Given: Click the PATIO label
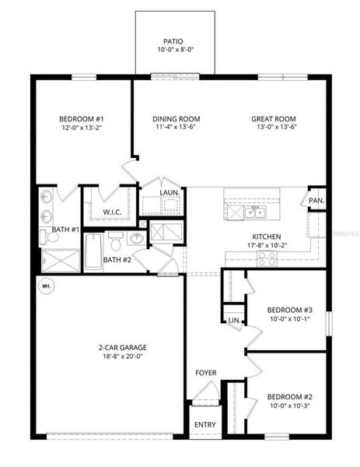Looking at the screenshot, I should pyautogui.click(x=173, y=41).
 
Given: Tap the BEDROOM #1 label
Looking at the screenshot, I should pyautogui.click(x=77, y=119).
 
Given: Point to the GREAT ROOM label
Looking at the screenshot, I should pyautogui.click(x=274, y=119).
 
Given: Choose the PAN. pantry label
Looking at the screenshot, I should pyautogui.click(x=316, y=200).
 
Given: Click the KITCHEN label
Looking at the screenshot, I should pyautogui.click(x=266, y=237).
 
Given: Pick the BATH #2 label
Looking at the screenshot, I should pyautogui.click(x=116, y=260).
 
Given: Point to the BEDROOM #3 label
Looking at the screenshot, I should pyautogui.click(x=284, y=307).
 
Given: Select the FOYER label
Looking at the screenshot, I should pyautogui.click(x=206, y=373).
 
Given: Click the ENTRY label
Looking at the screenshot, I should pyautogui.click(x=205, y=425).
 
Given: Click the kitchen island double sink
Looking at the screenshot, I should pyautogui.click(x=254, y=212).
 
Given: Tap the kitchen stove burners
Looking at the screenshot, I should pyautogui.click(x=269, y=254).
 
